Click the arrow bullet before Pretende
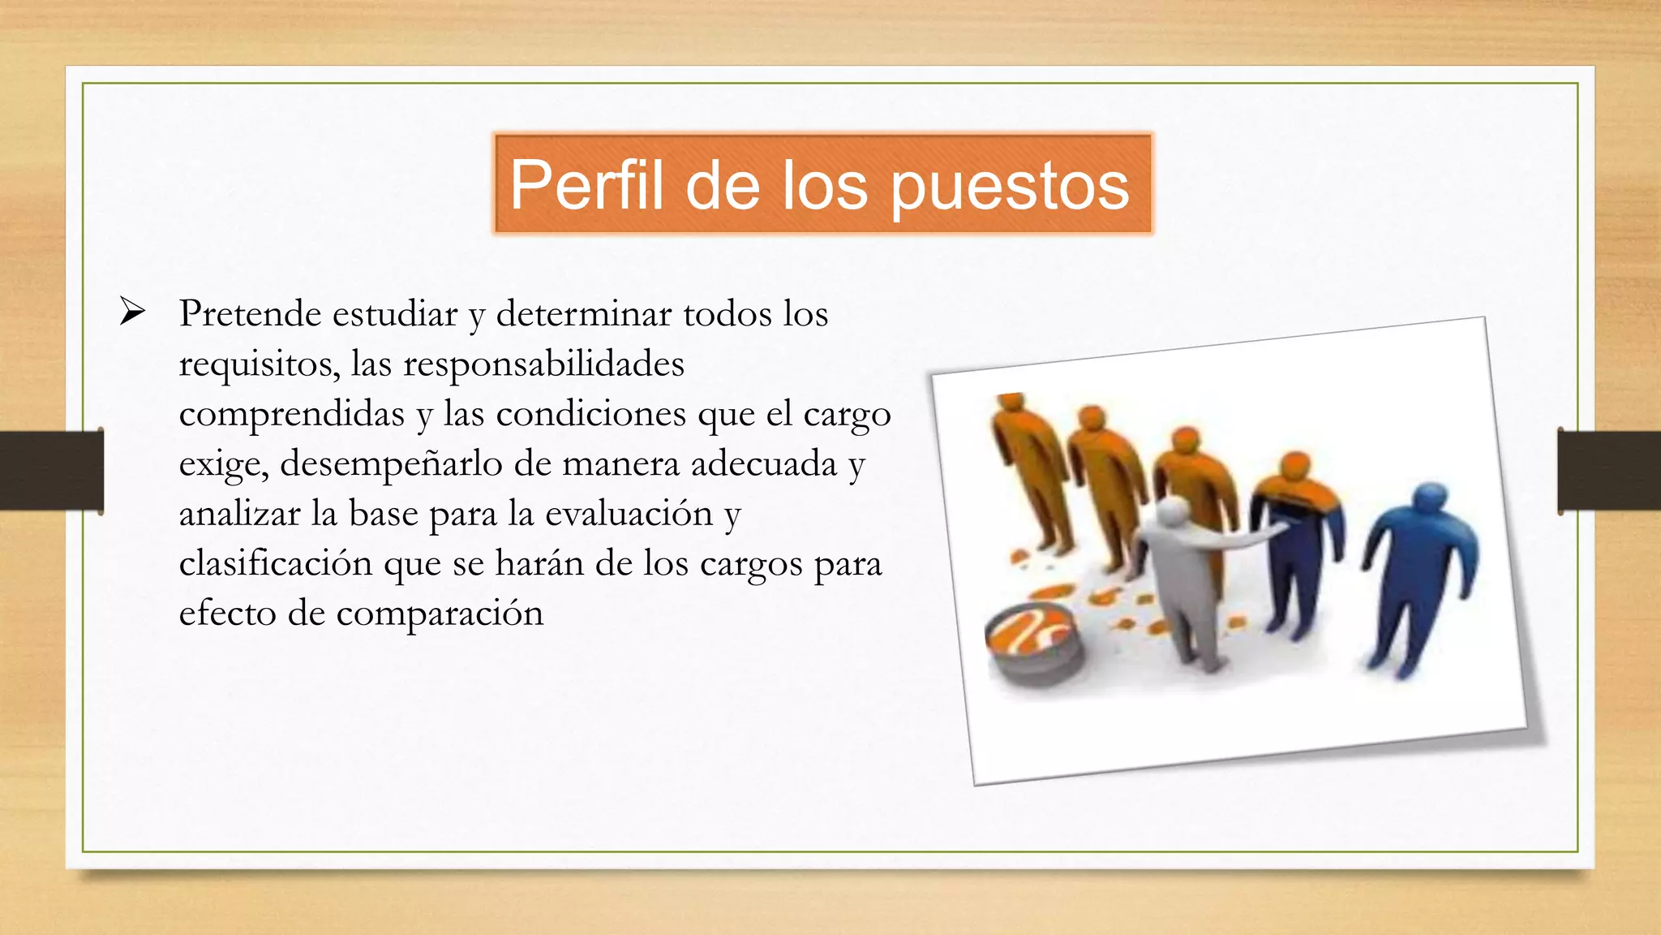pyautogui.click(x=132, y=312)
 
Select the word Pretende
pyautogui.click(x=251, y=314)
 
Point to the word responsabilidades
pyautogui.click(x=543, y=364)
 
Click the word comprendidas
pyautogui.click(x=291, y=414)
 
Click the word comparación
pyautogui.click(x=440, y=614)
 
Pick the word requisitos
pyautogui.click(x=259, y=364)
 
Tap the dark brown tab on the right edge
pyautogui.click(x=1609, y=471)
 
